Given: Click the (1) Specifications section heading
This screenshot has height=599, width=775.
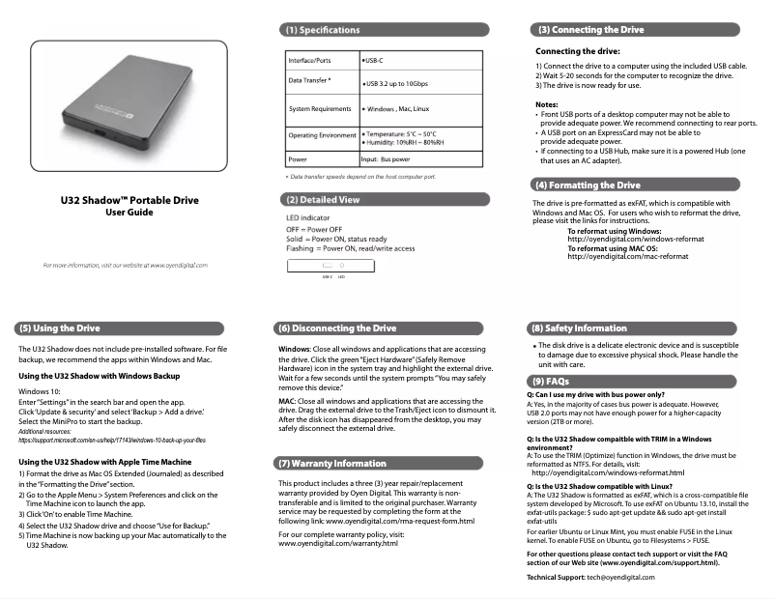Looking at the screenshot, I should point(320,30).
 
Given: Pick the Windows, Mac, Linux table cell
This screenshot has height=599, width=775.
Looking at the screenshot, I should point(397,109).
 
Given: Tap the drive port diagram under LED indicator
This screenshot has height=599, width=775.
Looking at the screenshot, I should point(333,264).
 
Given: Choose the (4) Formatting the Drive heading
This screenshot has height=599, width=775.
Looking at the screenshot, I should point(588,185).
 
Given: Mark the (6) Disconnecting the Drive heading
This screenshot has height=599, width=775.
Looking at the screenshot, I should point(336,328).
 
